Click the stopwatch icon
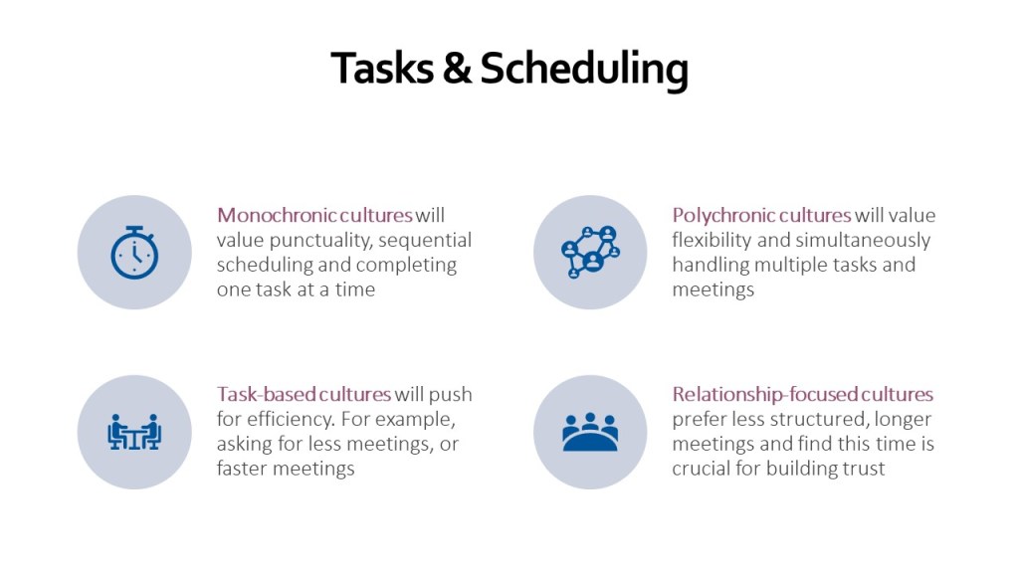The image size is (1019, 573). pyautogui.click(x=134, y=252)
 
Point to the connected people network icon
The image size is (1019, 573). pyautogui.click(x=590, y=252)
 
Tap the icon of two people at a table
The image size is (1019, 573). pyautogui.click(x=134, y=432)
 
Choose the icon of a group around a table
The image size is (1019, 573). pyautogui.click(x=590, y=432)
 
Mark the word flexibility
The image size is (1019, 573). pyautogui.click(x=712, y=240)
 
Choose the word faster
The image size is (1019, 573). pyautogui.click(x=245, y=469)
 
